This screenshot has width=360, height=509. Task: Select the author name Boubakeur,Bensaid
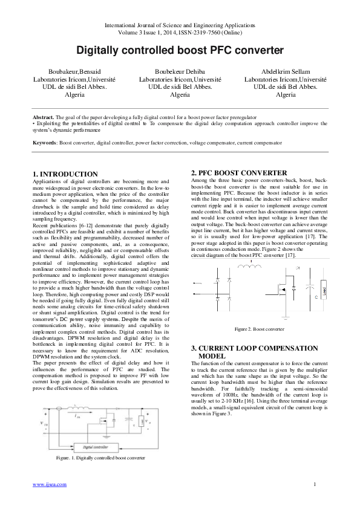point(74,71)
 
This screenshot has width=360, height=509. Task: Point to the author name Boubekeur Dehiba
point(180,71)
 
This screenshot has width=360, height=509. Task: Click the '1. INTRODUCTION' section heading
point(65,174)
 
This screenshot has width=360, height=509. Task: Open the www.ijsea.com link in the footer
point(49,484)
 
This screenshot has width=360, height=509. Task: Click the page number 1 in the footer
point(315,484)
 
